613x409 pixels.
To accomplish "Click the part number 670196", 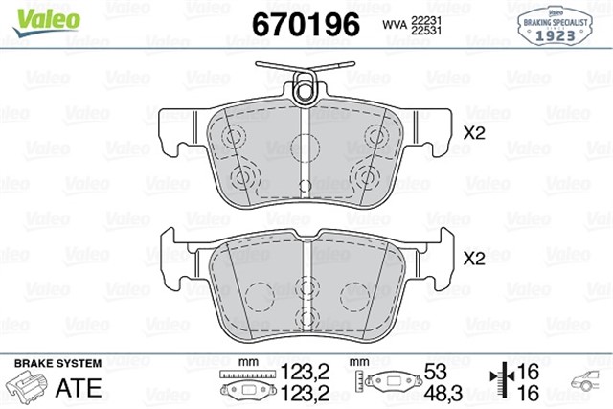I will point(305,24).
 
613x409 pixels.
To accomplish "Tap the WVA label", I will point(394,26).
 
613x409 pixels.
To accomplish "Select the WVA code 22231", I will point(426,19).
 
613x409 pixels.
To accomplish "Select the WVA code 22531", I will point(426,32).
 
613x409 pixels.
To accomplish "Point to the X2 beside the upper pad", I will point(474,134).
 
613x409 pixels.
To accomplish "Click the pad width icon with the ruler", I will point(247,382).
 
